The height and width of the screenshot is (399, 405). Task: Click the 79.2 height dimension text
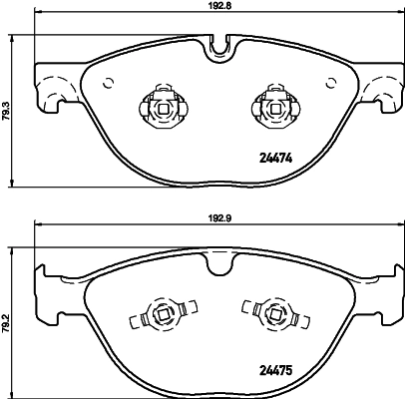coord(8,321)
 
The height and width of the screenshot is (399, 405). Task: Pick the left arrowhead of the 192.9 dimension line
coord(39,228)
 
